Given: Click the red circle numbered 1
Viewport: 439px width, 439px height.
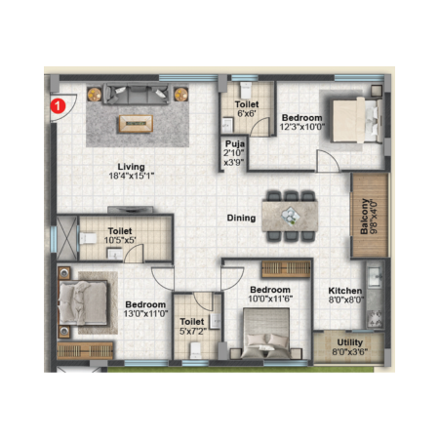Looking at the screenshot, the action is coord(58,106).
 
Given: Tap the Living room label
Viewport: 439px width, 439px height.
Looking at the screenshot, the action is coord(131,167).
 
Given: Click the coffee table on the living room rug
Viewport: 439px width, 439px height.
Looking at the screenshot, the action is coord(136,124).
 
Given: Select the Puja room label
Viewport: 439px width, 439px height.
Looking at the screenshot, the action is coord(235,143).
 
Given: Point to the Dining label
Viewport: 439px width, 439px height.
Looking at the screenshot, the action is coord(241,218).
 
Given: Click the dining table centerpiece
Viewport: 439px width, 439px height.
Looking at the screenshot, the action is coord(290,216).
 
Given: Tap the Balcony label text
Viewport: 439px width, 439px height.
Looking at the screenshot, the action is coord(364,217).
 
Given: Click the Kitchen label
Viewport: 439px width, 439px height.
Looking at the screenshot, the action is coord(345,291).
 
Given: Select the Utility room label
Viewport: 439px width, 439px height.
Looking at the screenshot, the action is coord(349,342).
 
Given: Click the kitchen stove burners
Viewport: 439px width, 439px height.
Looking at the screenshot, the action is coord(375,319).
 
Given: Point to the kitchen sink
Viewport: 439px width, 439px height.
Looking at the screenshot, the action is coord(375,277).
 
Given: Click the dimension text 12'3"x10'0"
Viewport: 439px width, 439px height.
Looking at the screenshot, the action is coord(302,127).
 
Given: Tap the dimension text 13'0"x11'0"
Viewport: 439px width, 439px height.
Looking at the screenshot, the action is coord(145,314).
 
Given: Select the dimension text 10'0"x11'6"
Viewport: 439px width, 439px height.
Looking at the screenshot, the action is coord(270,299).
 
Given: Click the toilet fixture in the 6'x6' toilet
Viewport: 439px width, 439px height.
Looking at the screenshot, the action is coord(246,90).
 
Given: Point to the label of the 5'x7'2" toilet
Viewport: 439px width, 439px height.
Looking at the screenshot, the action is coord(192,322).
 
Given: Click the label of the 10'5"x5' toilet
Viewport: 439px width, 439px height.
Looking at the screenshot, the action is coord(120,231).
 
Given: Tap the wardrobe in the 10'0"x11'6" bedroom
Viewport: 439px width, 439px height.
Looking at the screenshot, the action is coord(286,269).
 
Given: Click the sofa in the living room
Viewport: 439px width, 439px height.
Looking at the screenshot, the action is coord(136,95).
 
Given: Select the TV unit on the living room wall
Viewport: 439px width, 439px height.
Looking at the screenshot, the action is coord(130,210).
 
